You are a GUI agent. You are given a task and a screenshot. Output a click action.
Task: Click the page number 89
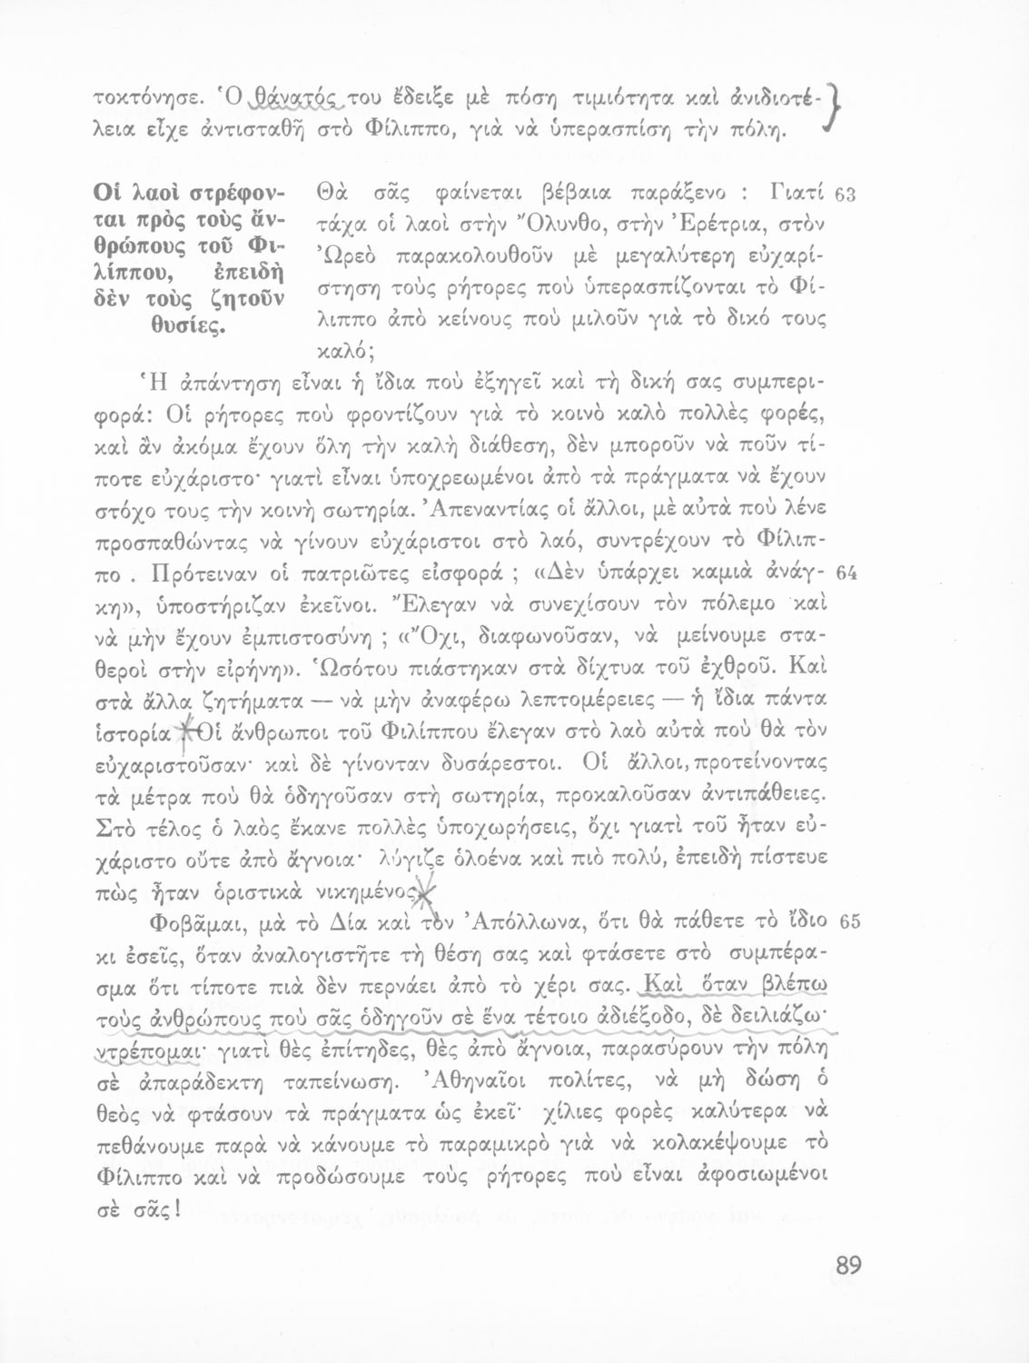click(x=843, y=1266)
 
